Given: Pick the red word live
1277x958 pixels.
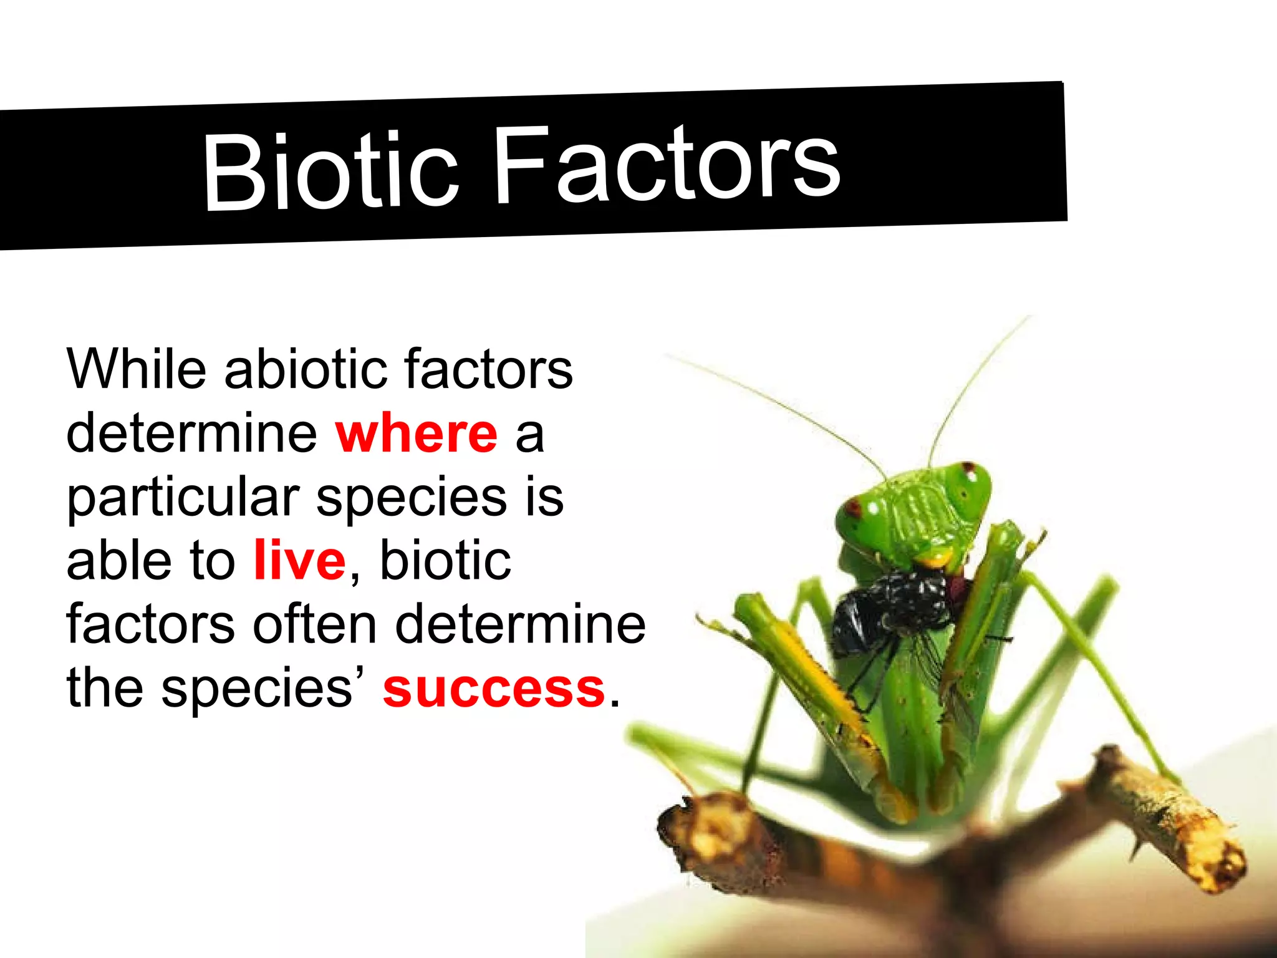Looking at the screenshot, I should tap(299, 560).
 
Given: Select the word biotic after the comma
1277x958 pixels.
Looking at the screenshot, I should tap(445, 560).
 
